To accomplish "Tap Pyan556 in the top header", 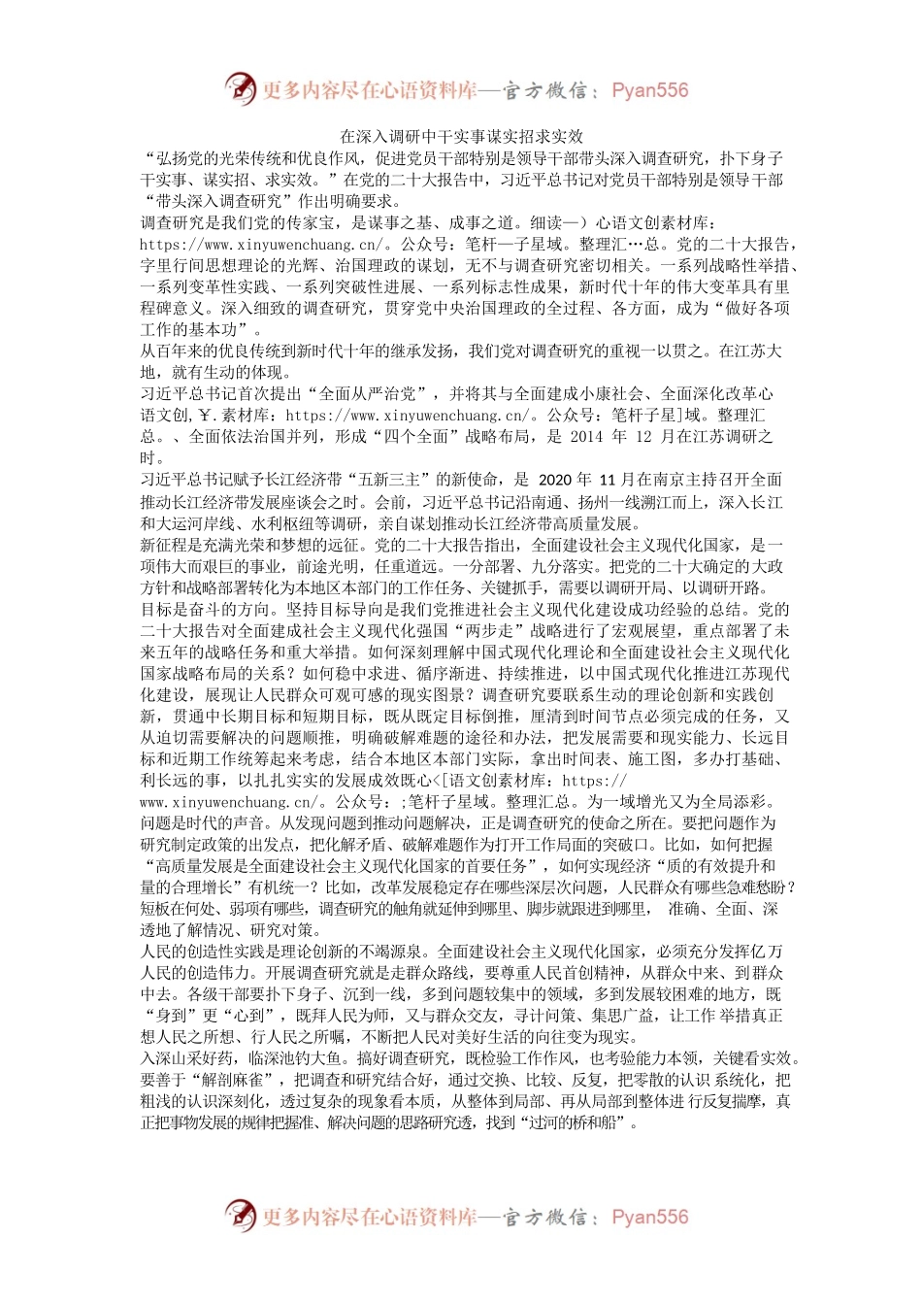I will click(x=649, y=91).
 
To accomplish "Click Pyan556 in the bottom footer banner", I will click(x=649, y=1218).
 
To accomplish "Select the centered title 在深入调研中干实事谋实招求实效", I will click(x=460, y=137).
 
